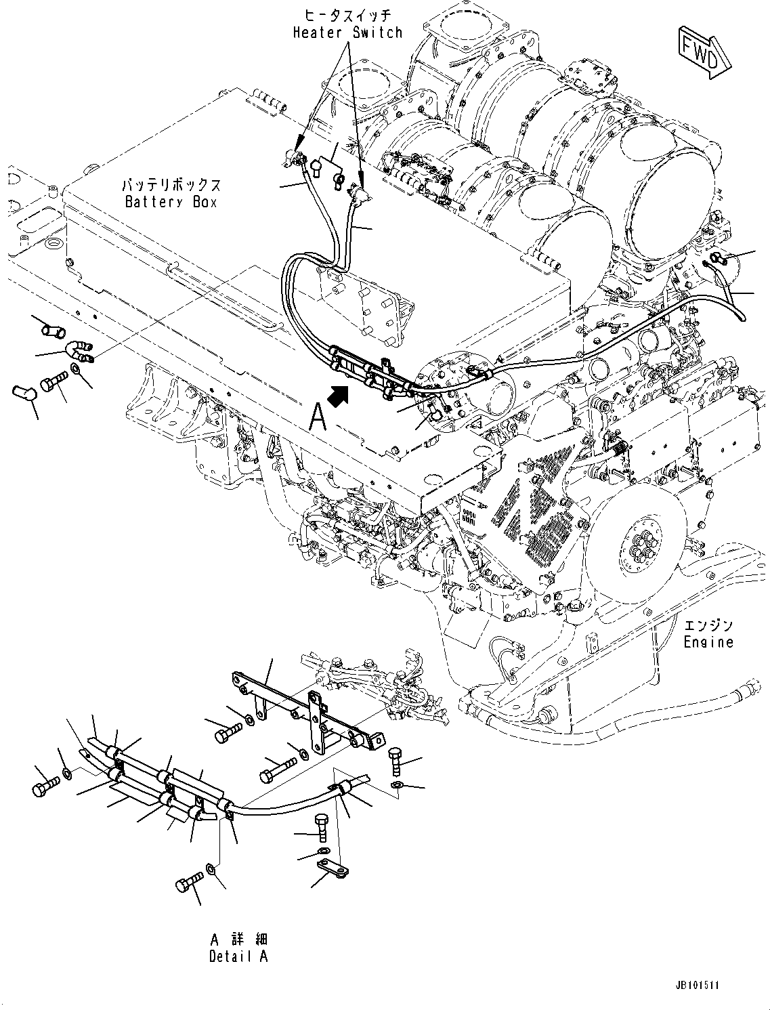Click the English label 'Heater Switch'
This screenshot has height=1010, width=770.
click(x=347, y=33)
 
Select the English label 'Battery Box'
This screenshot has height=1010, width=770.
click(x=171, y=202)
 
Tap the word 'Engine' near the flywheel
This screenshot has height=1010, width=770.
click(x=708, y=641)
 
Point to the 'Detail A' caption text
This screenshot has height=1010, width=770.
click(x=238, y=956)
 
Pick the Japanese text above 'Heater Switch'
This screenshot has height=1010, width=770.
click(x=347, y=14)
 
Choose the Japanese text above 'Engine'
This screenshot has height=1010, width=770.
click(x=708, y=625)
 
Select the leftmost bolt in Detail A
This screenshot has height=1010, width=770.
click(x=45, y=787)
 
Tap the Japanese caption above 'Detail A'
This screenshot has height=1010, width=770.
click(x=238, y=939)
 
